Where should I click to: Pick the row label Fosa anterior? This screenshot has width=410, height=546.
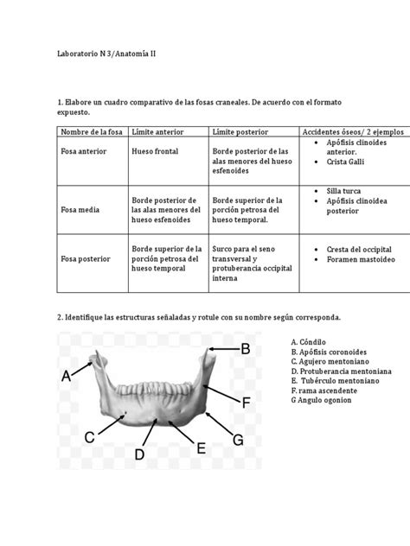pyautogui.click(x=82, y=153)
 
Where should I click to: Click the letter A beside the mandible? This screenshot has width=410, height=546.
pyautogui.click(x=67, y=377)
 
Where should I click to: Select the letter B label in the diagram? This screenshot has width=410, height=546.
pyautogui.click(x=245, y=349)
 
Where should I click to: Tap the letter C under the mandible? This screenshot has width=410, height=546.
pyautogui.click(x=89, y=439)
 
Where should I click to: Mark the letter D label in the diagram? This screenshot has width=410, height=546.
pyautogui.click(x=139, y=453)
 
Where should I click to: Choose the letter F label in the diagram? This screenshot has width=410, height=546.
pyautogui.click(x=246, y=403)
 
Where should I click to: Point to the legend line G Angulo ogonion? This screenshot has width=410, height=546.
pyautogui.click(x=326, y=400)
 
